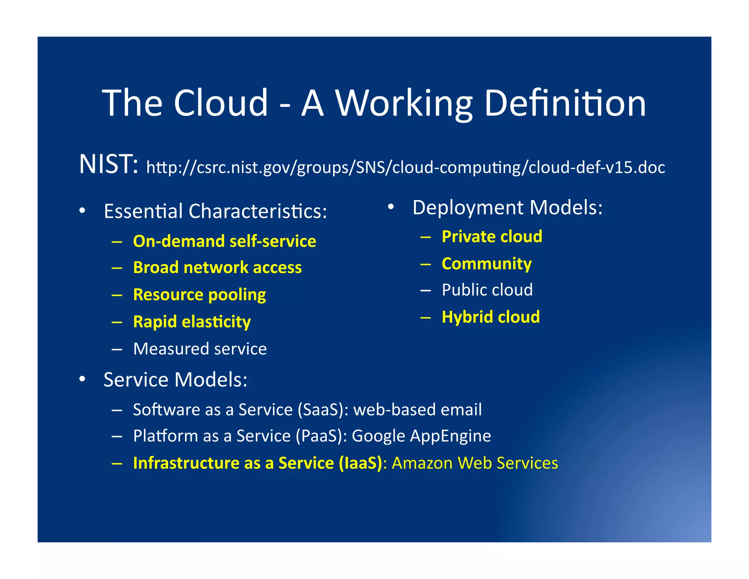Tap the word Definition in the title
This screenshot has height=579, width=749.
[x=565, y=103]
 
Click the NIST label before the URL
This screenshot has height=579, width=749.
[x=109, y=164]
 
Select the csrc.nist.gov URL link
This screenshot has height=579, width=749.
[x=406, y=167]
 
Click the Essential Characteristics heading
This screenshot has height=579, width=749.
[x=215, y=211]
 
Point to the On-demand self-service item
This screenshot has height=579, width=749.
[x=225, y=241]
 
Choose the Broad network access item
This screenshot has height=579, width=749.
[x=218, y=268]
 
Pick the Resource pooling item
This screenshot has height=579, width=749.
[x=200, y=295]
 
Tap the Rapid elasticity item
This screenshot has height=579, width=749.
[x=192, y=322]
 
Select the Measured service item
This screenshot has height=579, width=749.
[x=200, y=349]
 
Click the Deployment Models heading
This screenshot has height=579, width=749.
[x=507, y=208]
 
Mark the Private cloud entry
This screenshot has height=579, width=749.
[x=492, y=236]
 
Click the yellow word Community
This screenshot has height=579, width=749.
[x=487, y=264]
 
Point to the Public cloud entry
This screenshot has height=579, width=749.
[x=487, y=290]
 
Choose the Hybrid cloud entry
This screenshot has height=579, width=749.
[x=491, y=317]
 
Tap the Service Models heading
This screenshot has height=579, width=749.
[x=176, y=380]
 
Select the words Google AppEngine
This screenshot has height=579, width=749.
[x=421, y=436]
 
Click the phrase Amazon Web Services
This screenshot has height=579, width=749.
[x=475, y=463]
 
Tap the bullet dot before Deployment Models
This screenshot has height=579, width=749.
[x=391, y=207]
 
